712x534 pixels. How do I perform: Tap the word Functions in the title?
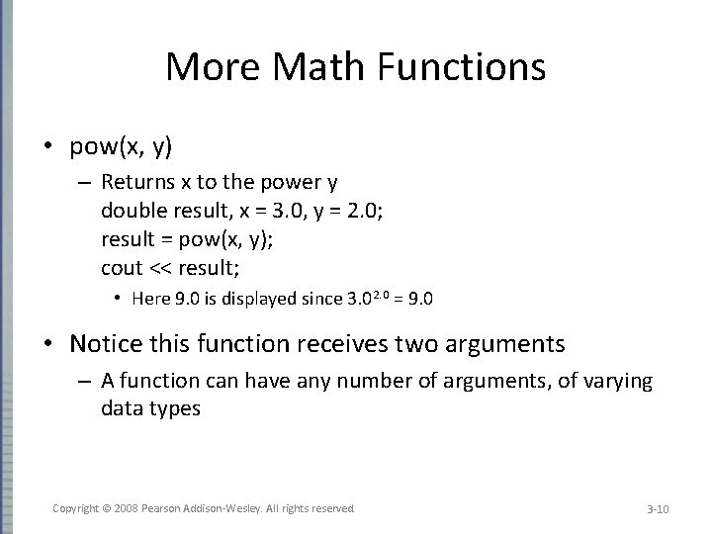[x=475, y=67]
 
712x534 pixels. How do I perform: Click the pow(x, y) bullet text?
[x=121, y=147]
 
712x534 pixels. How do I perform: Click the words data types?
[x=150, y=408]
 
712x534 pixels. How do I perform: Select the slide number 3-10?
[x=658, y=509]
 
